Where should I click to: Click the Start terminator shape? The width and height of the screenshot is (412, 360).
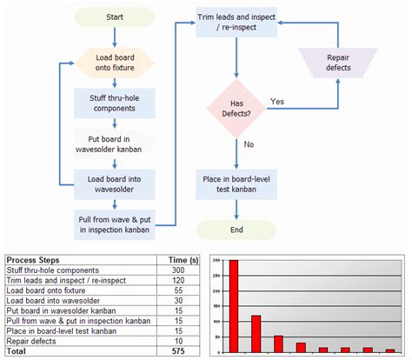click(114, 17)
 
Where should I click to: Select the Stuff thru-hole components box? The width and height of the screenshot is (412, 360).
click(114, 103)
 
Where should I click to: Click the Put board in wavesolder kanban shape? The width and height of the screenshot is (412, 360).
click(114, 143)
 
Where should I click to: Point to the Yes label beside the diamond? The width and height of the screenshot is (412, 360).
click(277, 102)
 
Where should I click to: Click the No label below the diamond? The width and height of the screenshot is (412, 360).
click(248, 145)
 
